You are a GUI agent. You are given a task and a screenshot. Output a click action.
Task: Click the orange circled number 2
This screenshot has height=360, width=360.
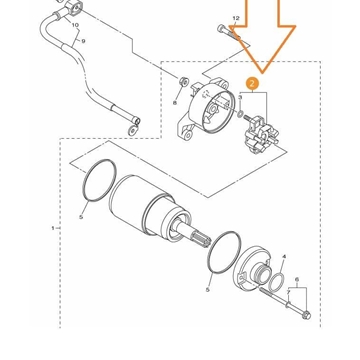(x=252, y=85)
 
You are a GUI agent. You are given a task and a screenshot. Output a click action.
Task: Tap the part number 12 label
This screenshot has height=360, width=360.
(x=236, y=18)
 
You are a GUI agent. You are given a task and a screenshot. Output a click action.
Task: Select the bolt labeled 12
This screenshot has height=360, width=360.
(x=224, y=32)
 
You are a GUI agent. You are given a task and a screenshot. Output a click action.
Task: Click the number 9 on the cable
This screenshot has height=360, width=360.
(x=83, y=41)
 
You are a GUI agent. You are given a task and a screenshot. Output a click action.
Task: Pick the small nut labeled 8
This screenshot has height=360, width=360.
(x=182, y=82)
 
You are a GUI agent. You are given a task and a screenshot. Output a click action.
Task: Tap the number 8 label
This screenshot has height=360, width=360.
(x=175, y=101)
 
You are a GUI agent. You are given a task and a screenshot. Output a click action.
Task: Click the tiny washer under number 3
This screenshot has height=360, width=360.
(x=241, y=116)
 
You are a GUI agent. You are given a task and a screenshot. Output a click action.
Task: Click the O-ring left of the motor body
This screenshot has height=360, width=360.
(x=98, y=179)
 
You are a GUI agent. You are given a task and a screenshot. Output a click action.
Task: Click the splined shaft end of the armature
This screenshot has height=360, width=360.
(x=193, y=240)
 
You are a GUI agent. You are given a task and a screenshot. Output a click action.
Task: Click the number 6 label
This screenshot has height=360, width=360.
(x=296, y=280)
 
